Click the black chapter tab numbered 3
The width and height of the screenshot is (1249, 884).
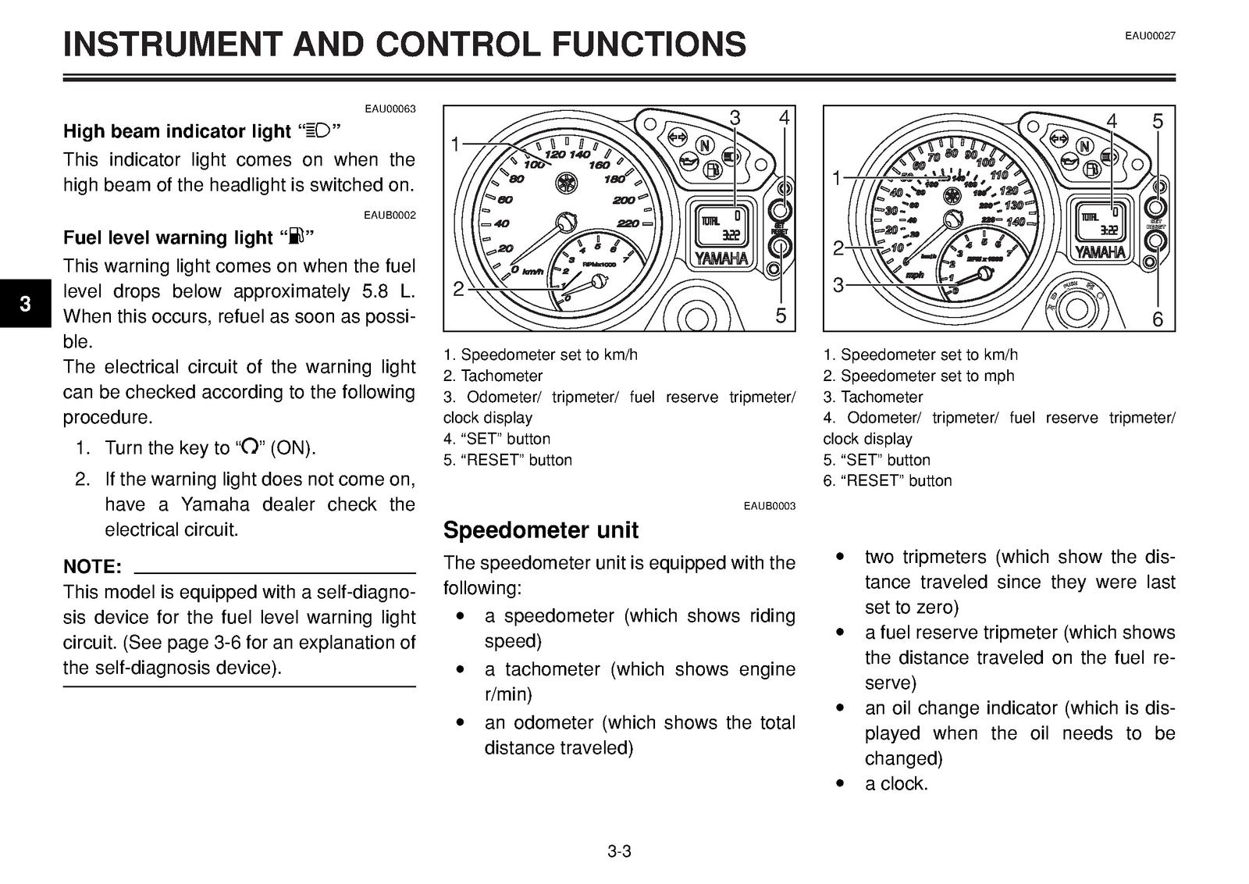click(x=26, y=303)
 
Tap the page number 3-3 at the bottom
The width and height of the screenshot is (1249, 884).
click(x=619, y=851)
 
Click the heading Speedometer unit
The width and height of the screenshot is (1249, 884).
click(x=540, y=529)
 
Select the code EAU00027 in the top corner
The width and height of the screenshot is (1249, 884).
click(x=1150, y=36)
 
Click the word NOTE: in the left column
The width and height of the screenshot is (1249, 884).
click(x=92, y=566)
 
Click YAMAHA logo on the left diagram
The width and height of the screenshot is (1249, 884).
click(x=721, y=258)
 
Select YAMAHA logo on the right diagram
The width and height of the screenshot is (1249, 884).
click(x=1100, y=252)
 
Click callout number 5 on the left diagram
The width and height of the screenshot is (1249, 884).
click(x=781, y=315)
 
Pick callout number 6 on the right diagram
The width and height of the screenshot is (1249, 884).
click(x=1158, y=319)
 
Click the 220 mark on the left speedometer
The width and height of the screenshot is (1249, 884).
click(x=628, y=223)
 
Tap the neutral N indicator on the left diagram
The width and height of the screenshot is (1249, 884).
click(x=705, y=145)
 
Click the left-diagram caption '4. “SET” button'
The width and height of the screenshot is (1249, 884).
click(x=496, y=439)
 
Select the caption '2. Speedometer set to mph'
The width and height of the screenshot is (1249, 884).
click(x=918, y=376)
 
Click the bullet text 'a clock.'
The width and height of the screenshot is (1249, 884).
click(x=896, y=783)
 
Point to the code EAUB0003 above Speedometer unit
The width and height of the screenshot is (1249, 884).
click(x=770, y=506)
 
